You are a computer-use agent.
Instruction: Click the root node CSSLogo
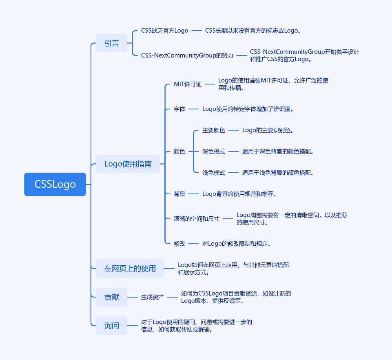click(55, 184)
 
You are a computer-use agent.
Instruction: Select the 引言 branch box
click(112, 43)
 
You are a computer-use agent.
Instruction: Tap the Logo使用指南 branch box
click(128, 164)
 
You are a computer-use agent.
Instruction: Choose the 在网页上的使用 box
click(130, 269)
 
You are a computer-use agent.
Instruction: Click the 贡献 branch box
click(112, 297)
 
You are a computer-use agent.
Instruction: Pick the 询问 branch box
click(112, 325)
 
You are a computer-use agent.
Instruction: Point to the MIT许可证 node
click(188, 84)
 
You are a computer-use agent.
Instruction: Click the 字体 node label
click(179, 109)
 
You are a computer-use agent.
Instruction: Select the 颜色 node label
click(179, 151)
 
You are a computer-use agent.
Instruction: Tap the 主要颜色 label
click(214, 130)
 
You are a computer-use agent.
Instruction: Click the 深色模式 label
click(214, 151)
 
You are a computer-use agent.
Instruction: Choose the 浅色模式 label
click(214, 173)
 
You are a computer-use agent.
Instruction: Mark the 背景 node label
click(179, 194)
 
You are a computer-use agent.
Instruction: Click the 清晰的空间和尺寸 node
click(197, 219)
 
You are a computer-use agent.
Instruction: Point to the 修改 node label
click(179, 244)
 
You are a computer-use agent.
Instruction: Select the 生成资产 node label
click(153, 297)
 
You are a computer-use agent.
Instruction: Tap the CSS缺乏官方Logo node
click(164, 31)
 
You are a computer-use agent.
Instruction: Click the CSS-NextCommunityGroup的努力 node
click(187, 55)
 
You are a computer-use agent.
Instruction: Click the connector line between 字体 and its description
click(193, 109)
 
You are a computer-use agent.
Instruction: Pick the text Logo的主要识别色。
click(268, 130)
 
